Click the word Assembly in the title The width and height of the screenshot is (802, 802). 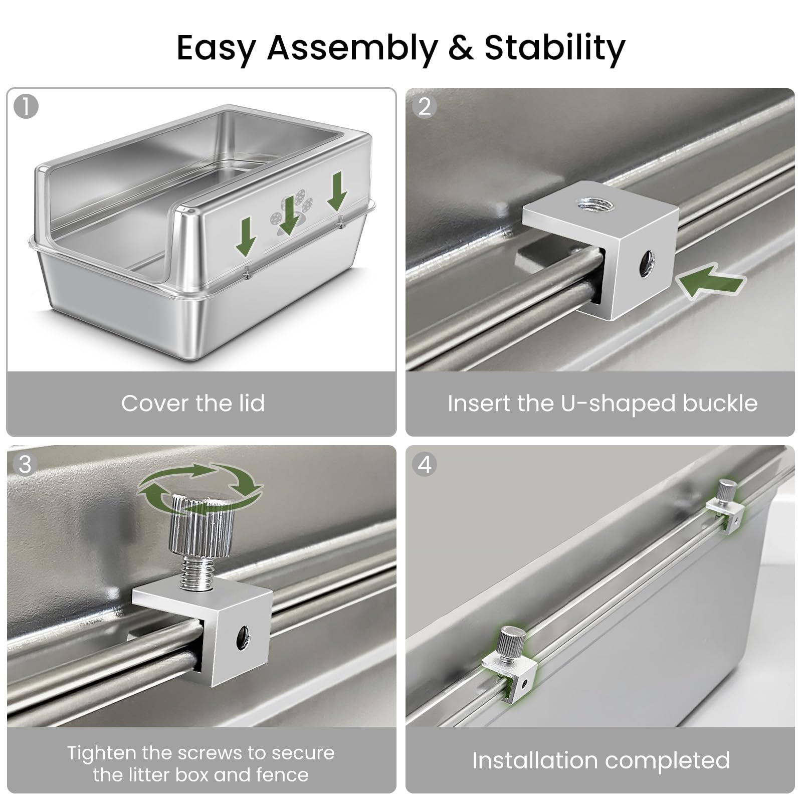[352, 49]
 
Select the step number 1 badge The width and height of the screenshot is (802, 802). [26, 106]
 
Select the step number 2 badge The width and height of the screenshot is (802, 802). [424, 106]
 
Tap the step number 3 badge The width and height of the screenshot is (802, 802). [25, 464]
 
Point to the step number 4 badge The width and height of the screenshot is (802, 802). [424, 464]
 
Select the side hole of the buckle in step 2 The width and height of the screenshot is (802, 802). [647, 264]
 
